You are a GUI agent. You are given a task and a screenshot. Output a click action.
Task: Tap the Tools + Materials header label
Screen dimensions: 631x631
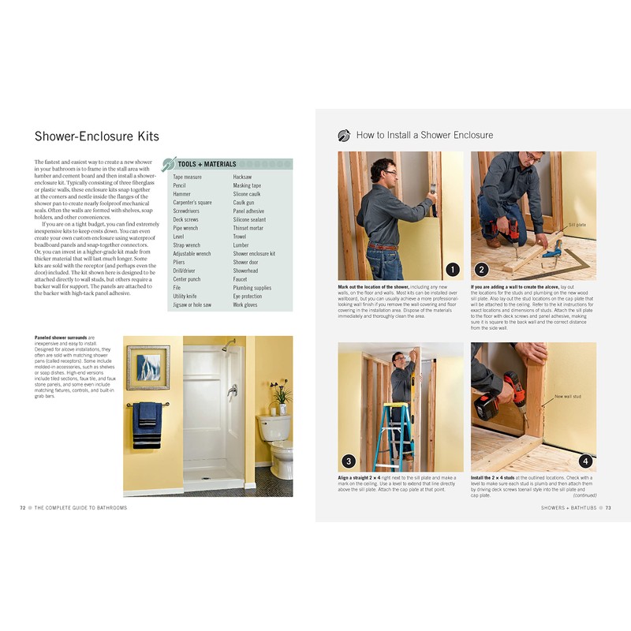click(x=207, y=164)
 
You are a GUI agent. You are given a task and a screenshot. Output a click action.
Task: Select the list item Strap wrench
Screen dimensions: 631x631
click(x=187, y=245)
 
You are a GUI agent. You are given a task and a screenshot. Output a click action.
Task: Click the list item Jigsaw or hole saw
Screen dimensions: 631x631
click(x=192, y=304)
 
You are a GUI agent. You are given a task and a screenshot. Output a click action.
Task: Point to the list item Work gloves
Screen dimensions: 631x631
click(x=245, y=304)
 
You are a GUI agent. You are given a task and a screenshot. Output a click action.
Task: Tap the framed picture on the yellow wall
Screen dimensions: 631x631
click(x=148, y=367)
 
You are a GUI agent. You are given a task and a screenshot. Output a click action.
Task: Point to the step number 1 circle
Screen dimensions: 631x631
click(x=452, y=268)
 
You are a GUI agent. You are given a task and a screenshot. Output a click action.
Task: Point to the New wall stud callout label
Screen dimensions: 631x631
click(x=569, y=396)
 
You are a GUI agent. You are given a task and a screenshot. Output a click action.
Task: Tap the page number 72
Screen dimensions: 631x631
click(x=24, y=507)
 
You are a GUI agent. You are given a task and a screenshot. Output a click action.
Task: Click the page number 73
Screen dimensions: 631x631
click(x=607, y=507)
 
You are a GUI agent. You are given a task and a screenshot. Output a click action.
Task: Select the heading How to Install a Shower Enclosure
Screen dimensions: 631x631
click(x=424, y=135)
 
